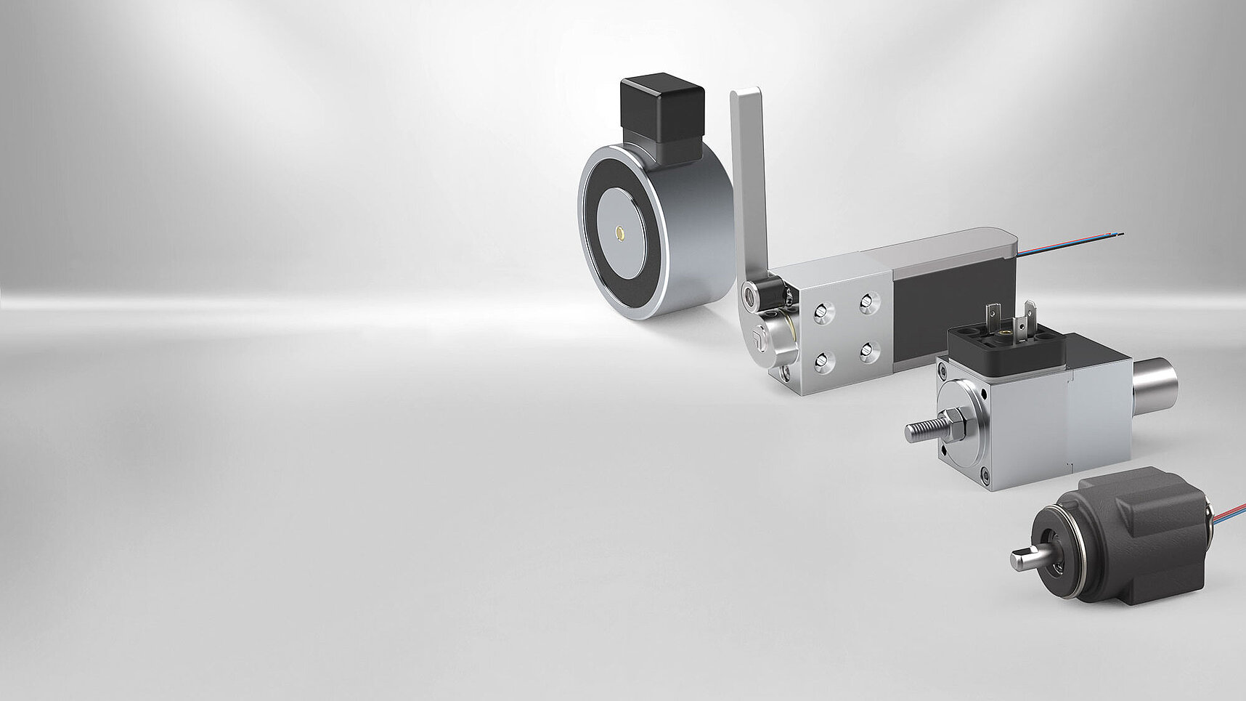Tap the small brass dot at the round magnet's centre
click(x=620, y=232)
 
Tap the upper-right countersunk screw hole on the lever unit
click(x=866, y=301)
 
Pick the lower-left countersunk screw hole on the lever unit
click(x=823, y=360)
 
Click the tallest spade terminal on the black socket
click(x=1030, y=317)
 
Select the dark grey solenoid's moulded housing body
click(x=1140, y=530)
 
